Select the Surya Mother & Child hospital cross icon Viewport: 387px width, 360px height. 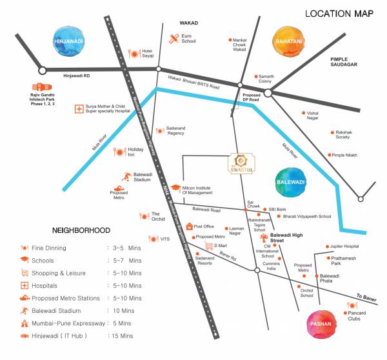80,108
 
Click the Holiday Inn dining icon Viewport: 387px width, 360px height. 119,152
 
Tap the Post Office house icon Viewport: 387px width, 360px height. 190,226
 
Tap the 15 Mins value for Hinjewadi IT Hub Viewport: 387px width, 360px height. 121,336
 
